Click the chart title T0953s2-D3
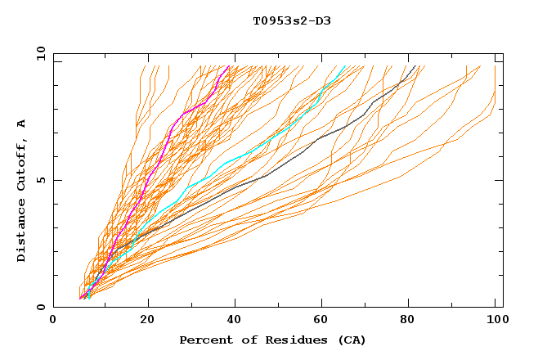click(292, 20)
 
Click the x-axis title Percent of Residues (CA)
click(272, 340)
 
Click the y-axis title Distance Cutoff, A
click(21, 190)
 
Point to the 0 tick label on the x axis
click(53, 321)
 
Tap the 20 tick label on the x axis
click(147, 321)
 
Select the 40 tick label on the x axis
click(235, 321)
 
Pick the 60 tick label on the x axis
click(324, 321)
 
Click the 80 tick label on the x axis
click(412, 321)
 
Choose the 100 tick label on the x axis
click(497, 321)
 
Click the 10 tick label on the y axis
click(40, 54)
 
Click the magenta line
click(155, 164)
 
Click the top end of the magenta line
click(230, 66)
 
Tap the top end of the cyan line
click(346, 66)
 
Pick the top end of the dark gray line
click(415, 66)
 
